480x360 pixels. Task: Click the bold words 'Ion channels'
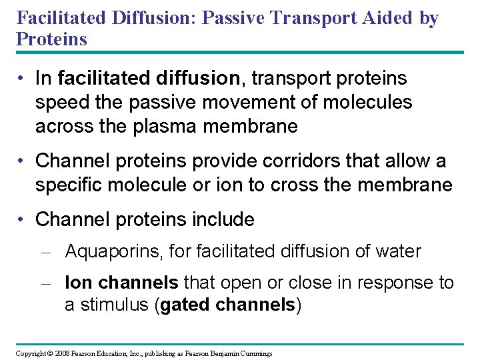(x=121, y=283)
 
